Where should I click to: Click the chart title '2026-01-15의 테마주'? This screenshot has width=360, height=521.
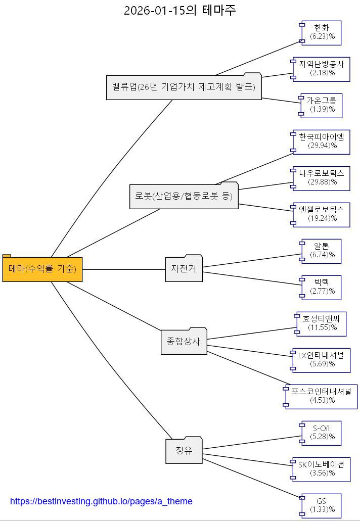pos(179,10)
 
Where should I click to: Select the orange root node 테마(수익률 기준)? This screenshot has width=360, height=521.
pos(42,269)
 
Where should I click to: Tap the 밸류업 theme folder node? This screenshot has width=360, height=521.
pos(184,87)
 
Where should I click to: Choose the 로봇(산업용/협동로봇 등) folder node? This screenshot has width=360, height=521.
pos(184,196)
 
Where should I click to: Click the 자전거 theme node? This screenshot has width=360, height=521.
pos(184,269)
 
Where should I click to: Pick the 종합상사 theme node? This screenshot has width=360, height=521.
pos(184,342)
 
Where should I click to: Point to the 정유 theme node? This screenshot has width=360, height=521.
pos(184,451)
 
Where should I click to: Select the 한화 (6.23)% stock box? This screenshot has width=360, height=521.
pos(322,32)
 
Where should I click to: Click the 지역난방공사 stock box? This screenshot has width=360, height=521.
pos(322,69)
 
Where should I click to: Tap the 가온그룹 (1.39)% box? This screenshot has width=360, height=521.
pos(322,105)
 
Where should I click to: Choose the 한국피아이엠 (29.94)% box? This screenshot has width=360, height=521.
pos(322,141)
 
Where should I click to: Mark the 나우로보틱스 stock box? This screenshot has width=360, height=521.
pos(322,178)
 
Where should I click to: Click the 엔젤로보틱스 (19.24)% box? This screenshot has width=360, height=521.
pos(322,214)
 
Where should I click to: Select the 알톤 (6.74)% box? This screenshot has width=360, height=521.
pos(322,251)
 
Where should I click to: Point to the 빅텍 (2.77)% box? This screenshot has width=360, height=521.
pos(322,287)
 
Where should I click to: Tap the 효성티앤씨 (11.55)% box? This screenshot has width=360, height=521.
pos(322,323)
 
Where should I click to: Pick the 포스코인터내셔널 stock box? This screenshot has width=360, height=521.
pos(322,396)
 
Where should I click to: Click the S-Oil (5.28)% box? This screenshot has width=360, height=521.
pos(322,433)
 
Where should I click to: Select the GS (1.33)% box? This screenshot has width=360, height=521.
pos(322,505)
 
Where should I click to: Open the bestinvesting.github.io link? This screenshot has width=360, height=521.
pos(101,501)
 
